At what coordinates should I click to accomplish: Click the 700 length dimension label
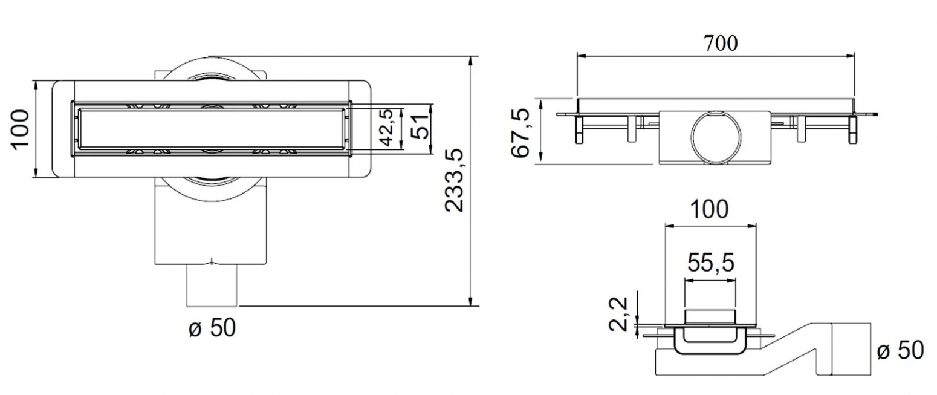[x=721, y=44]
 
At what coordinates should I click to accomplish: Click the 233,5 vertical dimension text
[x=454, y=180]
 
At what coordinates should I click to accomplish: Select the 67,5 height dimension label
[x=520, y=133]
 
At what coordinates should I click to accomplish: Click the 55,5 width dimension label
[x=711, y=263]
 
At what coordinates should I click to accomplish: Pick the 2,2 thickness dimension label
[x=618, y=314]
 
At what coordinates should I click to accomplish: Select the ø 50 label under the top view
[x=212, y=328]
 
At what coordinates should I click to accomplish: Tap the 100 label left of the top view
[x=20, y=129]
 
